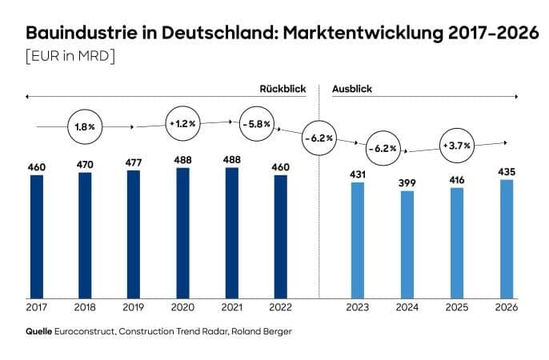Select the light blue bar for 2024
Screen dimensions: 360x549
point(407,242)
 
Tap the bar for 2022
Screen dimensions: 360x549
point(280,234)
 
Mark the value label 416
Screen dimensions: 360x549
point(457,178)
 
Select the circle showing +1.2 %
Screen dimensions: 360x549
point(182,124)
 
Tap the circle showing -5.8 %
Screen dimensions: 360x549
point(255,124)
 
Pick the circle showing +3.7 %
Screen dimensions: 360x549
point(456,146)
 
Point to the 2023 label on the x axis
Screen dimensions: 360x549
point(358,306)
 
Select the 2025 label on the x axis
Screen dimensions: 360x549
point(457,306)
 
